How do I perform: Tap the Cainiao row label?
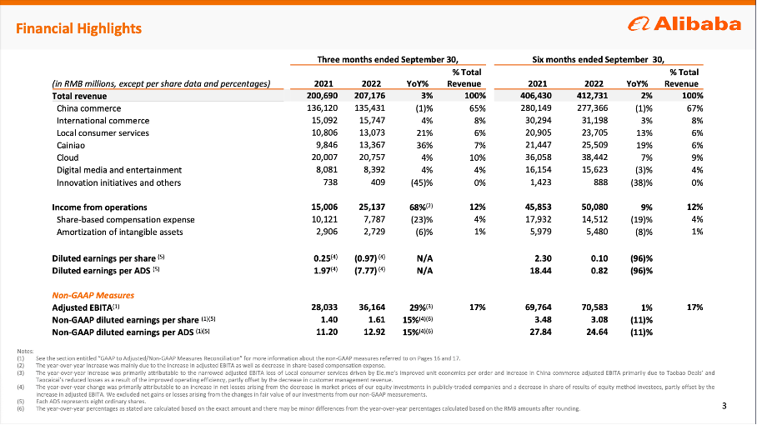coord(73,144)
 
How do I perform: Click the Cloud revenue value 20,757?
coord(368,157)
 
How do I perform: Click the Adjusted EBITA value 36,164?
coord(368,307)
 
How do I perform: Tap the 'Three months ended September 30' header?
coord(389,59)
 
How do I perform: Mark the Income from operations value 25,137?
coord(368,207)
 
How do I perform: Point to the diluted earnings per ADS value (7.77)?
coord(363,270)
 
